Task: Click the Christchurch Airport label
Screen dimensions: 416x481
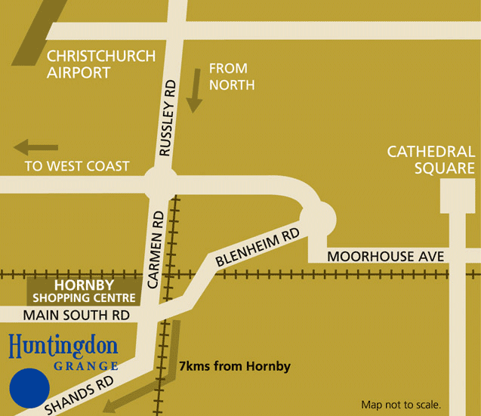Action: coord(100,65)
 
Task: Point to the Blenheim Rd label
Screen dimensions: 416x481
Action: coord(257,249)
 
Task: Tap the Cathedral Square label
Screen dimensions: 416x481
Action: coord(430,159)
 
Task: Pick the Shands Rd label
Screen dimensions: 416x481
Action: coord(79,396)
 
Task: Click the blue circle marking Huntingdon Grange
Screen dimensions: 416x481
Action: coord(29,389)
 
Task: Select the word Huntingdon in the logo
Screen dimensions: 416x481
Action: coord(63,348)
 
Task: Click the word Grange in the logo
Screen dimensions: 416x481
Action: coord(86,366)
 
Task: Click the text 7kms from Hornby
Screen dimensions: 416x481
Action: coord(234,367)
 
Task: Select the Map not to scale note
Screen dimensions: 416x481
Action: coord(401,404)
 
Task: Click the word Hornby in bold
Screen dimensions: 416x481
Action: coord(84,286)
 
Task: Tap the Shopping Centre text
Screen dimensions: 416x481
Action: coord(84,297)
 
